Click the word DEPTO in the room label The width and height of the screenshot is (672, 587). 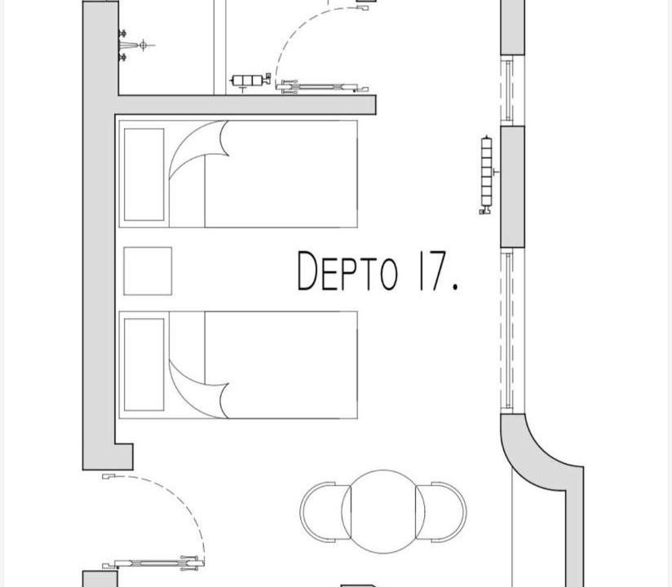347,271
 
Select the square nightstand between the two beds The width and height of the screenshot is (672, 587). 148,271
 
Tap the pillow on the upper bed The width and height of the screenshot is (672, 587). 144,174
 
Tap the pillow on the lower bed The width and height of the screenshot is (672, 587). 144,364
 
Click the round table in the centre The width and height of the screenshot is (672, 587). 383,512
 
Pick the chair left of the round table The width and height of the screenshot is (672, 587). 325,512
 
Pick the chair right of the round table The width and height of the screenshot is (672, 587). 441,512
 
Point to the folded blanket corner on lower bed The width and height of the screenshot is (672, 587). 198,391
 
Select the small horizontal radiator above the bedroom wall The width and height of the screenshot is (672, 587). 250,81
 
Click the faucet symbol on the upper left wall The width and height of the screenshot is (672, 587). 134,45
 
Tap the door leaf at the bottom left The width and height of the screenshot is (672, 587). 153,564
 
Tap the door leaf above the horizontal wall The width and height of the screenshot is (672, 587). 321,87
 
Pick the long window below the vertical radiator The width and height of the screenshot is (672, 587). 508,331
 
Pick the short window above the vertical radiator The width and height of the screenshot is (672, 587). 508,90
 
